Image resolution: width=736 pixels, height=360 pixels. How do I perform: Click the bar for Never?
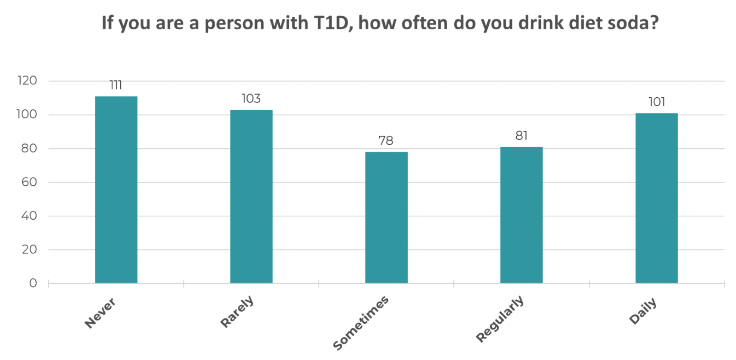(x=116, y=189)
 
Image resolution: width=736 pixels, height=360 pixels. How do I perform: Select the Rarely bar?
(x=251, y=196)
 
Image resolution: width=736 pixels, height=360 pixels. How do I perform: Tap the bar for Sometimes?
(x=386, y=217)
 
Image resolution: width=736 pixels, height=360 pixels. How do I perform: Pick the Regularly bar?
(x=521, y=215)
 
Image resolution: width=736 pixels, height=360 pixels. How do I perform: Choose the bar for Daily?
(x=656, y=198)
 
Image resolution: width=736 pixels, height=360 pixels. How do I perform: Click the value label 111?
(x=116, y=85)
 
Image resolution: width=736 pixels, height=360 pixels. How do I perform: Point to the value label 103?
(x=251, y=99)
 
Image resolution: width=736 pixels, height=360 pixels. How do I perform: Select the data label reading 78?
(x=386, y=141)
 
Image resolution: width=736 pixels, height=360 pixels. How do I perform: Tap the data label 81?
(x=521, y=136)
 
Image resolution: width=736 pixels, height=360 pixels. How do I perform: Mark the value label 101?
(x=657, y=102)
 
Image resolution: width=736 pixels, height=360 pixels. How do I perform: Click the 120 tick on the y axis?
(x=27, y=81)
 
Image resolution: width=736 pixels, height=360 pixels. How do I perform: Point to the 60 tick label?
(x=29, y=182)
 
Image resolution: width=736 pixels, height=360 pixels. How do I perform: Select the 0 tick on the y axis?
(x=33, y=283)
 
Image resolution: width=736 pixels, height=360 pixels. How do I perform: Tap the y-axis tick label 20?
(x=29, y=249)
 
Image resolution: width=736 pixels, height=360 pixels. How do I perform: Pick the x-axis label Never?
(x=100, y=313)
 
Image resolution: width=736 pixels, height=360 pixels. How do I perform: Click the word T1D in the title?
(x=331, y=23)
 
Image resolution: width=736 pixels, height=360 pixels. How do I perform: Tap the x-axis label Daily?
(x=643, y=310)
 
